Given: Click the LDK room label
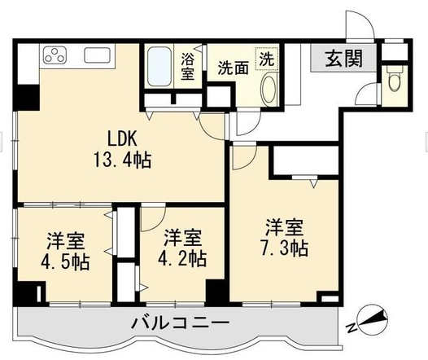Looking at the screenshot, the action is pyautogui.click(x=122, y=138).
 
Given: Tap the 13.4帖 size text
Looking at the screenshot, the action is pyautogui.click(x=123, y=160).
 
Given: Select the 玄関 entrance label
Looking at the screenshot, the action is pyautogui.click(x=344, y=58).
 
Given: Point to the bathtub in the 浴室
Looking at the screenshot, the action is pyautogui.click(x=159, y=66).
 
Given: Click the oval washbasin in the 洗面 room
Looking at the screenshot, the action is pyautogui.click(x=269, y=89).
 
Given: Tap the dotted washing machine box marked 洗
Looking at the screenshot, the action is pyautogui.click(x=266, y=59).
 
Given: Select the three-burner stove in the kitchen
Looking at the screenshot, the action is pyautogui.click(x=55, y=55).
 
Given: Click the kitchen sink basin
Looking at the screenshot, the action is pyautogui.click(x=97, y=55).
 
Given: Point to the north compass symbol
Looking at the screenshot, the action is pyautogui.click(x=373, y=319).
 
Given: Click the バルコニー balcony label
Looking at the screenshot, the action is pyautogui.click(x=181, y=323).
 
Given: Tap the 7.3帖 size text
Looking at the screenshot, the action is pyautogui.click(x=285, y=248).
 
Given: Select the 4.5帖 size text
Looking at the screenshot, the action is pyautogui.click(x=65, y=262).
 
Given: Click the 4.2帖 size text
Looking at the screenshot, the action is pyautogui.click(x=182, y=259).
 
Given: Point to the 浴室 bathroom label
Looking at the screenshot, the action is pyautogui.click(x=187, y=66).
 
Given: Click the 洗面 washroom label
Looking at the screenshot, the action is pyautogui.click(x=234, y=68).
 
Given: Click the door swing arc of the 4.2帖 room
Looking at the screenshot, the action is pyautogui.click(x=159, y=225).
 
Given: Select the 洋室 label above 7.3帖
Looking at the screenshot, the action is pyautogui.click(x=285, y=227).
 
